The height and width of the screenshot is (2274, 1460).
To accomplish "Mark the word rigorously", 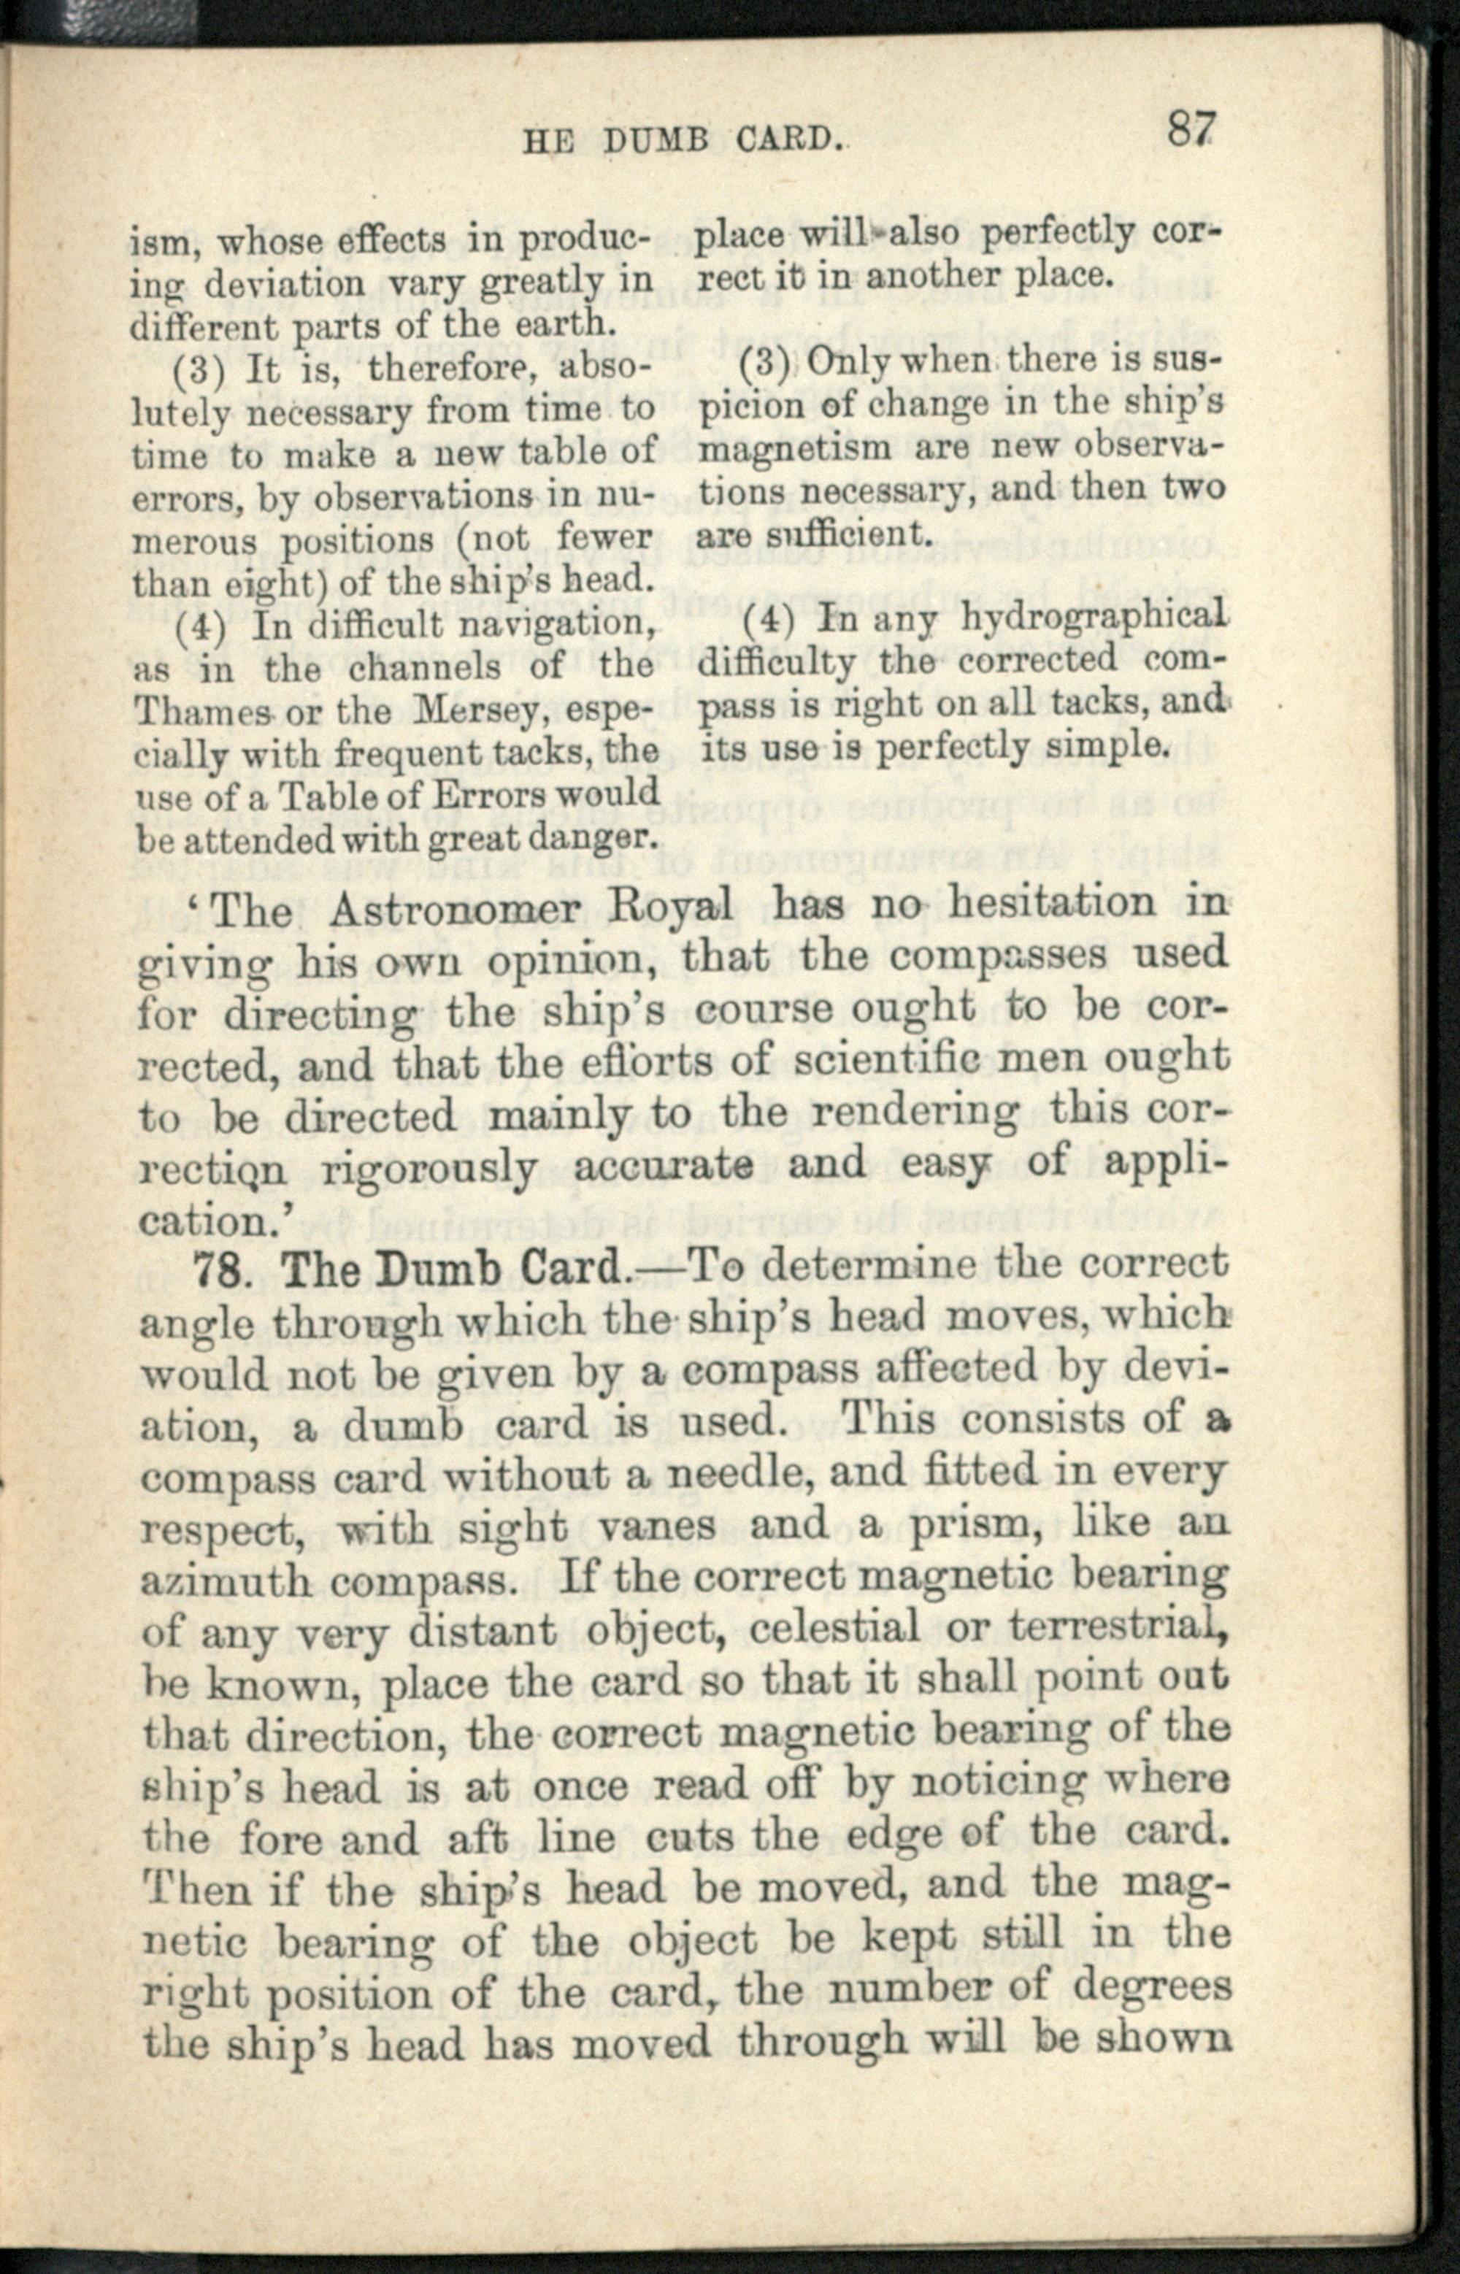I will coord(429,1169).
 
